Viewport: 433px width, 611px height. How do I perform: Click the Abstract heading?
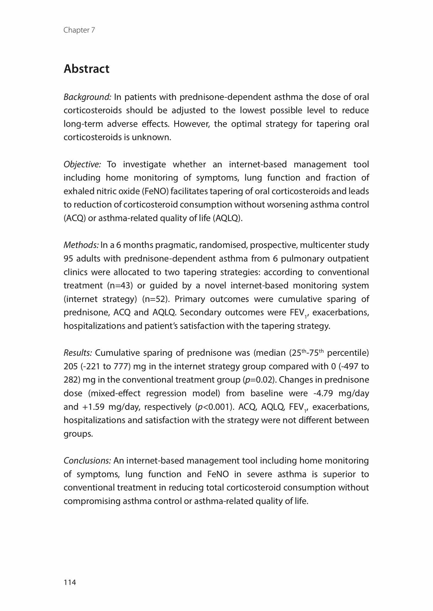click(86, 69)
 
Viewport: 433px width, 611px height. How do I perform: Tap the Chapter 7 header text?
click(79, 30)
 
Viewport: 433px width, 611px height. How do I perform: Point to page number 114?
click(70, 582)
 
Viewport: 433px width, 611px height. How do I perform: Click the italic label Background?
click(87, 97)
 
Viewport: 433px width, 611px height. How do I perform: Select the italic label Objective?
click(82, 164)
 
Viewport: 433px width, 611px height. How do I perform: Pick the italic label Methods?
click(81, 245)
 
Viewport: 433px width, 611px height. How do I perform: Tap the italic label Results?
click(78, 353)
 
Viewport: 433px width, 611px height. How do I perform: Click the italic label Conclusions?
click(87, 461)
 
